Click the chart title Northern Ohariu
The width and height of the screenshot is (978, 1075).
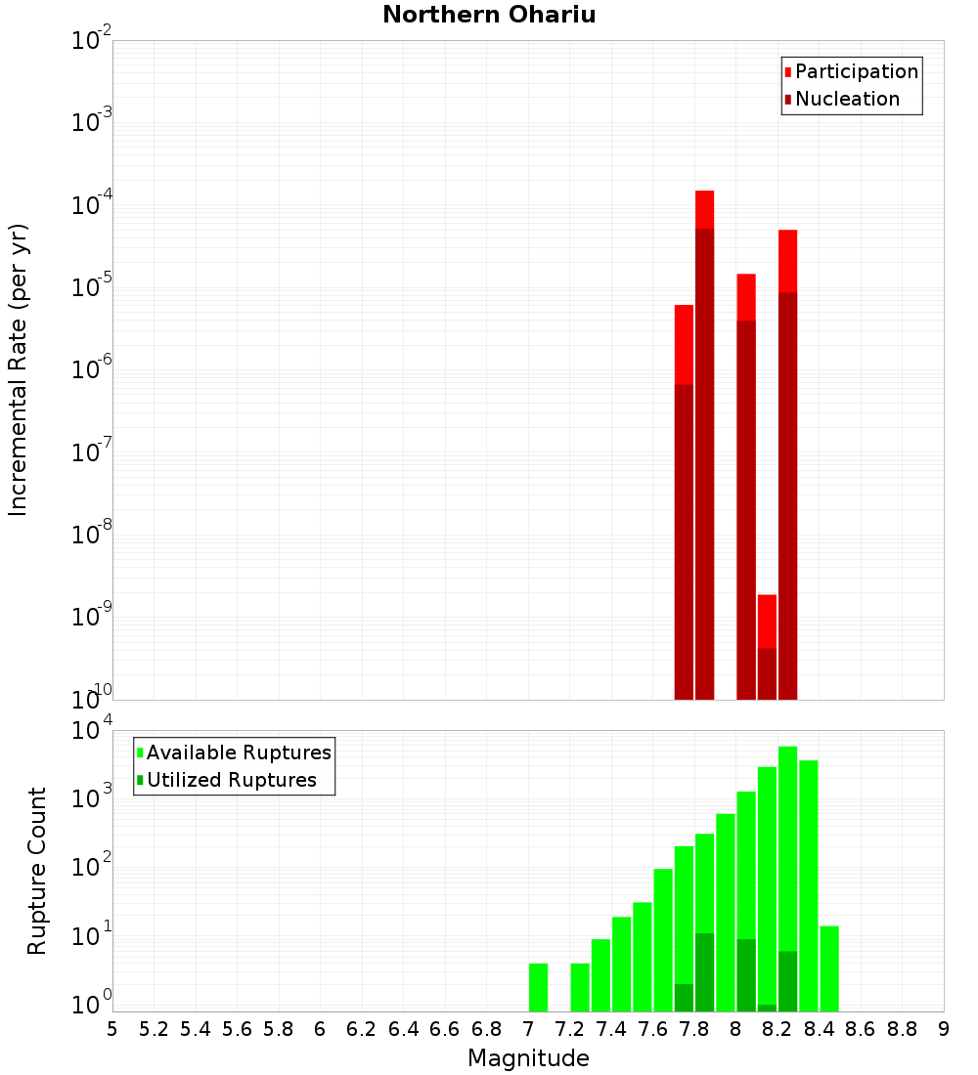pyautogui.click(x=489, y=15)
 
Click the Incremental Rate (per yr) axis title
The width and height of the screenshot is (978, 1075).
pyautogui.click(x=19, y=369)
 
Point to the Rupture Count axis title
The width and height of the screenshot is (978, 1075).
pyautogui.click(x=37, y=871)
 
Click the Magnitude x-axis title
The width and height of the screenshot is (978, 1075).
pyautogui.click(x=528, y=1058)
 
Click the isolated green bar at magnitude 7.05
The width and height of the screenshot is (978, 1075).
pyautogui.click(x=538, y=987)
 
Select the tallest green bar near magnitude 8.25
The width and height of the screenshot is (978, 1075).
pyautogui.click(x=787, y=879)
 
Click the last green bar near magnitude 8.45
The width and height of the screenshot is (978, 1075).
pyautogui.click(x=829, y=968)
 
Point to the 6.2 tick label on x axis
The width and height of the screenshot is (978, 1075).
pyautogui.click(x=362, y=1028)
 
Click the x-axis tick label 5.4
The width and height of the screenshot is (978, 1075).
pyautogui.click(x=196, y=1028)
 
